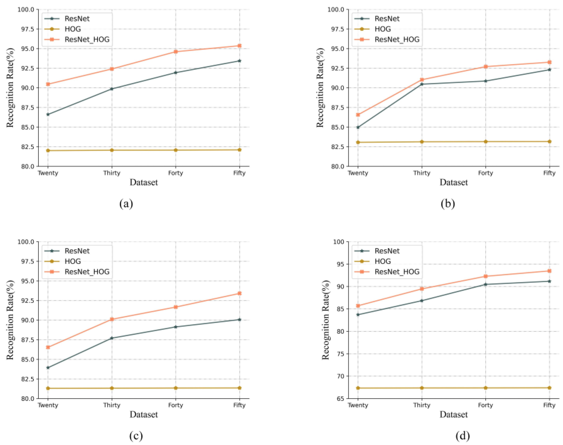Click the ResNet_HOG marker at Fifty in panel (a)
(239, 46)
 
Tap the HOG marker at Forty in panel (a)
(176, 150)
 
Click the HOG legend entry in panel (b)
(382, 29)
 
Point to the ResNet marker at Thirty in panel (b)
(422, 84)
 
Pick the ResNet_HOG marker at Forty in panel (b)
(485, 66)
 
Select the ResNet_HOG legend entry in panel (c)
(87, 272)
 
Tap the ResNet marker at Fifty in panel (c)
(239, 319)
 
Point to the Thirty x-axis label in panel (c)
(112, 405)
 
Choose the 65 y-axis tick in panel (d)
(339, 399)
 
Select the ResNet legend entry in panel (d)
(387, 251)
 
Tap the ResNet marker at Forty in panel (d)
(485, 284)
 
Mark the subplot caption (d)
(463, 436)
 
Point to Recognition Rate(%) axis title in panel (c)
(10, 320)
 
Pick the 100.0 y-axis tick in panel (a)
(26, 10)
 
